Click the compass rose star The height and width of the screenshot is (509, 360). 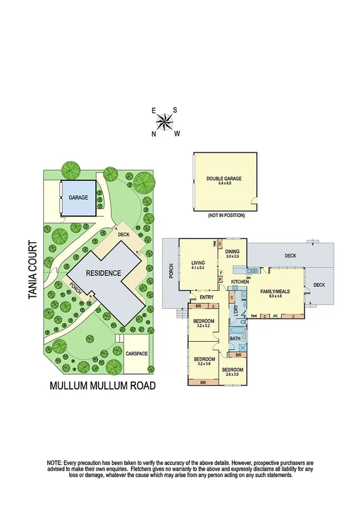(164, 122)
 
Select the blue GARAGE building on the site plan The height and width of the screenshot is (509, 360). (78, 197)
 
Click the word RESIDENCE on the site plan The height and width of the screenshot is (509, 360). (104, 273)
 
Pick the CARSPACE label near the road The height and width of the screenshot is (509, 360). (137, 354)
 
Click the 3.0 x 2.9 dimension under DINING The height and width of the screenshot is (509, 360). (232, 257)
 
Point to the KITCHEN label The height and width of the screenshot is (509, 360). (240, 281)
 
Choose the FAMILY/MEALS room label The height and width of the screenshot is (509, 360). (275, 291)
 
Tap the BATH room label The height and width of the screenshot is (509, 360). (235, 338)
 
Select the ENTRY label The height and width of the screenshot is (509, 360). (207, 297)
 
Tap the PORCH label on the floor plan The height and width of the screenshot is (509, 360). (171, 271)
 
